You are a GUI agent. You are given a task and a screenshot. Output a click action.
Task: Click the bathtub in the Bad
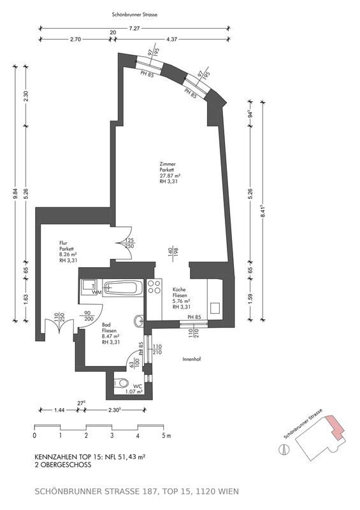pos(124,289)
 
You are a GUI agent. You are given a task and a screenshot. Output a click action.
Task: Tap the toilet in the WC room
pos(119,384)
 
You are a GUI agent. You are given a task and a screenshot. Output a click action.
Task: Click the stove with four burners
pos(154,288)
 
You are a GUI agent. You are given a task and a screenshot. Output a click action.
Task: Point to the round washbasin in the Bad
pos(138,319)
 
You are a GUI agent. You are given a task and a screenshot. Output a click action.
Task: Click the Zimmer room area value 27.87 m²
pos(171,176)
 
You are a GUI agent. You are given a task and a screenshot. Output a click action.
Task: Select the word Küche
pos(180,290)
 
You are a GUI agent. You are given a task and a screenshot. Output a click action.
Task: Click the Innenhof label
pos(192,359)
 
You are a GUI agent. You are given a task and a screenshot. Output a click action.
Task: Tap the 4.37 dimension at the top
pos(172,40)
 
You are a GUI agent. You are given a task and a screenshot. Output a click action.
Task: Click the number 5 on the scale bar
pos(162,437)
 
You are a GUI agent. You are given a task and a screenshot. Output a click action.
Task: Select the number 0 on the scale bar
pos(34,437)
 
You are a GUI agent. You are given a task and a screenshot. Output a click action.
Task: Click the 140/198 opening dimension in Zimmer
pos(171,254)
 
